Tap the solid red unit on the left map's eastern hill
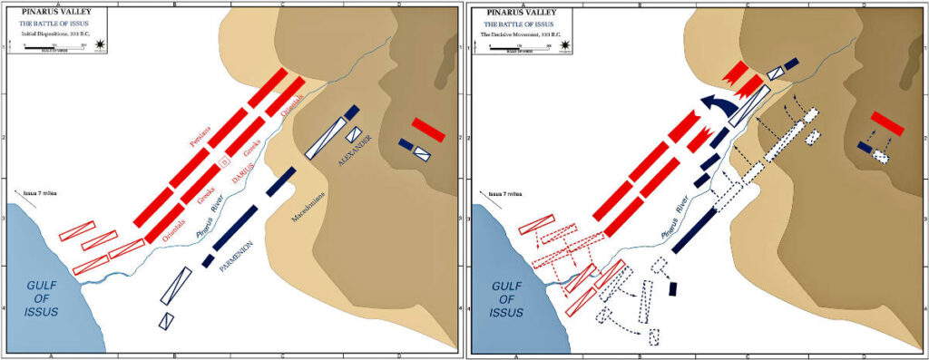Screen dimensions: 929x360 [x=428, y=129]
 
